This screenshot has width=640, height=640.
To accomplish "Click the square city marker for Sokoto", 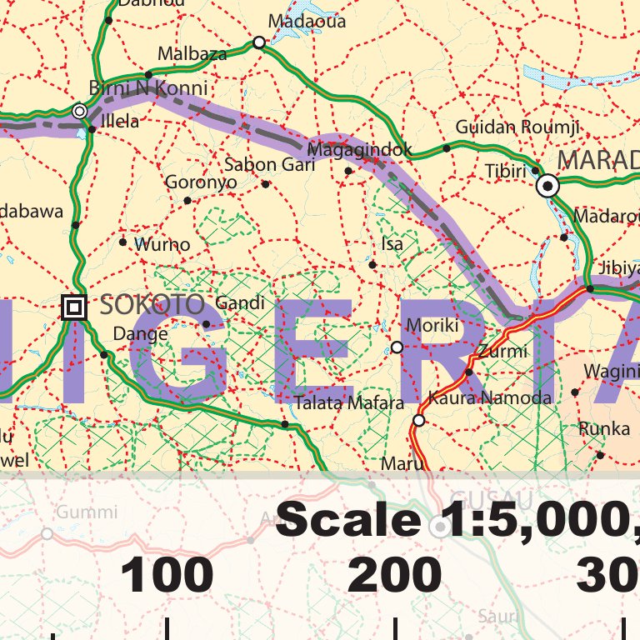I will click(74, 308).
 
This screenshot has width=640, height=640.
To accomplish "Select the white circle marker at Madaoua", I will click(259, 42).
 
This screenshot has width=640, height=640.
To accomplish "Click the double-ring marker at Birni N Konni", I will click(80, 111).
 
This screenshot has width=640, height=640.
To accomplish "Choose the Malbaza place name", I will click(192, 54).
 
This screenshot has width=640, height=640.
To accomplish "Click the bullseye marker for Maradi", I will click(547, 186).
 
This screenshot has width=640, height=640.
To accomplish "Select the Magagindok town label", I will click(360, 150).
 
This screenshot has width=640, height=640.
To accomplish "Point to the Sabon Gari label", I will click(269, 165).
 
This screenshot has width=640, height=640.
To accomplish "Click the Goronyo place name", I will click(201, 182).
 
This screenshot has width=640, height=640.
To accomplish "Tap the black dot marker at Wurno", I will click(123, 242).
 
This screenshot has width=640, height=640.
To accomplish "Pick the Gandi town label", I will click(239, 303).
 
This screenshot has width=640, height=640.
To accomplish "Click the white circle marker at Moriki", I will click(397, 347).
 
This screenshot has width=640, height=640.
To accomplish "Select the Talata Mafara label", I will click(348, 403).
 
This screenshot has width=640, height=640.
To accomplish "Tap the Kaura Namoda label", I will click(489, 397).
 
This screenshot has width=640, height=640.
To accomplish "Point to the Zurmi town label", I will click(502, 351).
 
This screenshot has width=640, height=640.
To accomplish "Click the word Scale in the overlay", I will click(348, 520).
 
